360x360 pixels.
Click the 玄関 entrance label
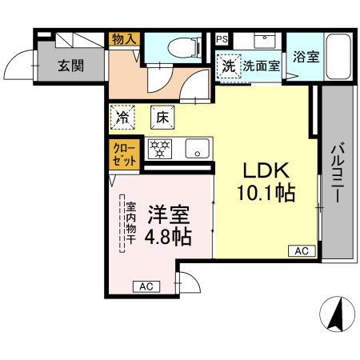pos(70,66)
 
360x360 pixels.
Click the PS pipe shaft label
pos(221,38)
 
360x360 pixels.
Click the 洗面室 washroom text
pos(261,66)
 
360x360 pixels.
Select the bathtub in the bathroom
pos(339,57)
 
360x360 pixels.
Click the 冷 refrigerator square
pos(123,117)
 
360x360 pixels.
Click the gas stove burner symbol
pos(160,148)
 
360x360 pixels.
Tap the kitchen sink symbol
pos(197,148)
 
